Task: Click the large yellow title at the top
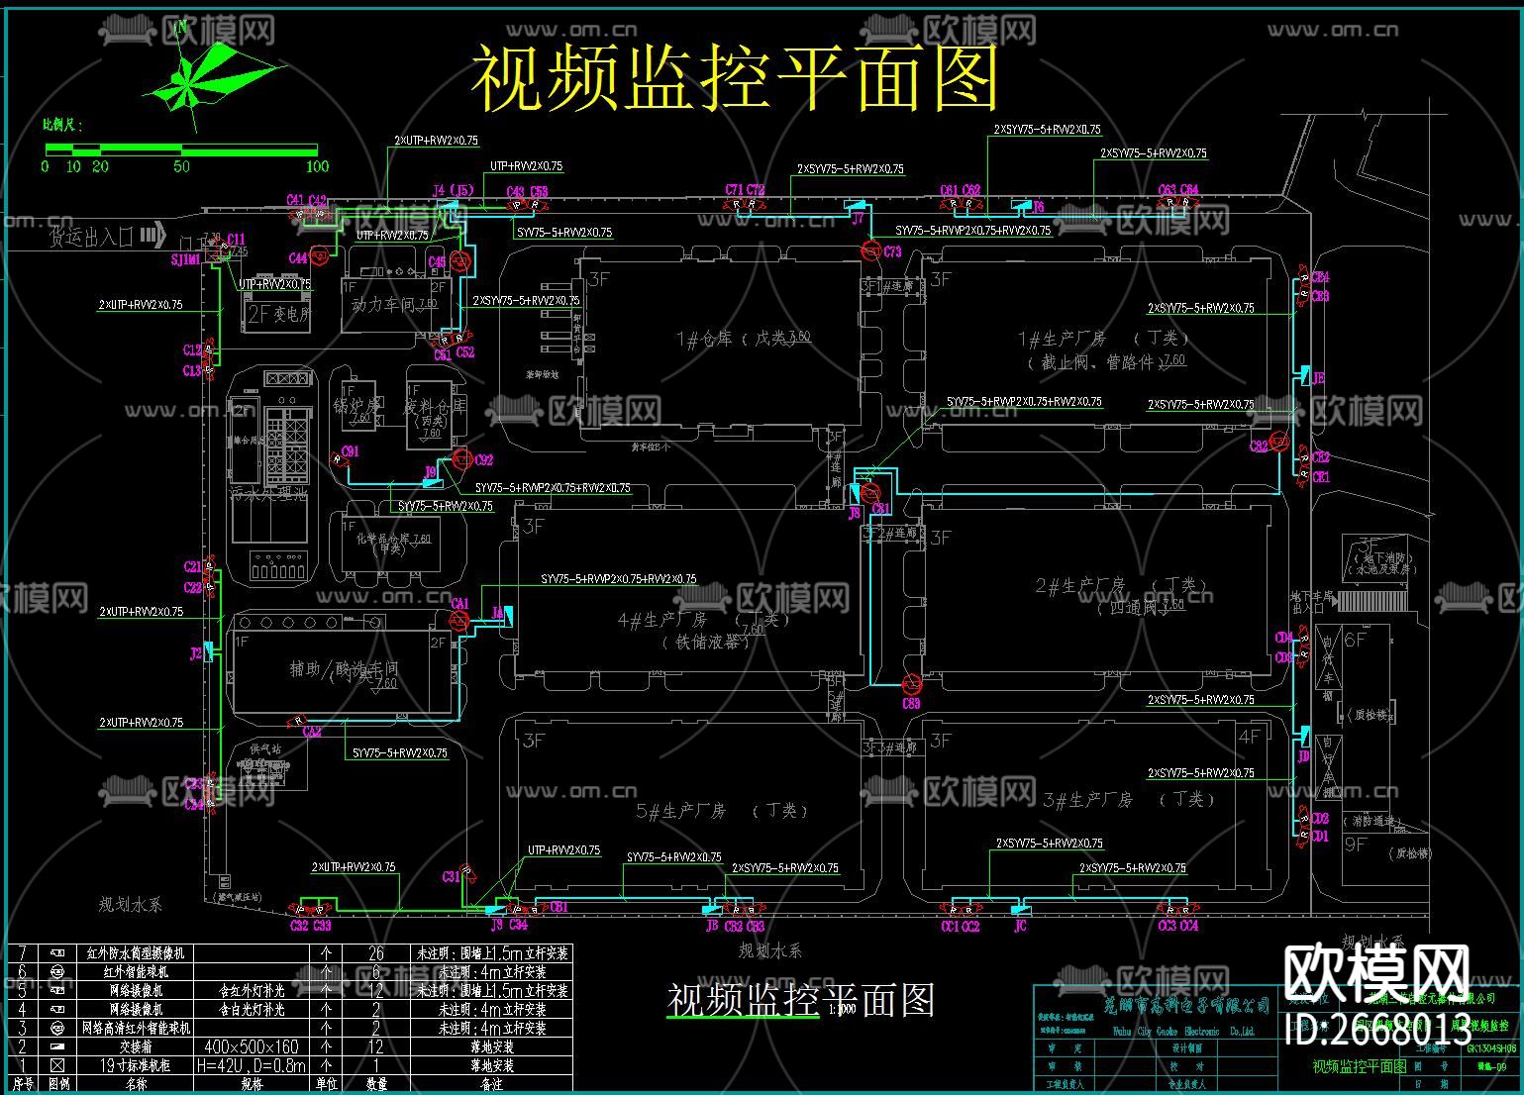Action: [x=734, y=78]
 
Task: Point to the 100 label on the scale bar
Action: [x=316, y=166]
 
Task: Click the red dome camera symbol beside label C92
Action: [x=460, y=458]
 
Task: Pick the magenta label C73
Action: [x=892, y=251]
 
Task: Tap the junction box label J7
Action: [x=858, y=217]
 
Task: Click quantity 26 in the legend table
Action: [x=376, y=953]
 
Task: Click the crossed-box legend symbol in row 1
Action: [x=57, y=1065]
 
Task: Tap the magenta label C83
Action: [x=910, y=704]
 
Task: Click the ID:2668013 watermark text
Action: [x=1376, y=1030]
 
